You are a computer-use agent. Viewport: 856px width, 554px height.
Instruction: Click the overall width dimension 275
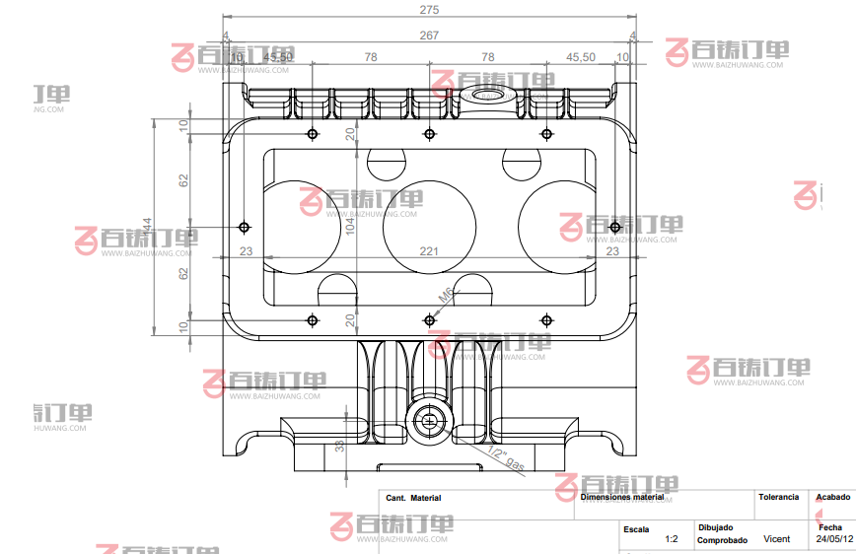click(x=428, y=10)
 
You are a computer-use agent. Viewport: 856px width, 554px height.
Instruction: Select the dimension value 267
click(x=428, y=35)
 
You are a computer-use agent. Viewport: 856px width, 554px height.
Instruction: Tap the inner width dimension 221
click(x=428, y=252)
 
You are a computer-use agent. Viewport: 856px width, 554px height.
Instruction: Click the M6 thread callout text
click(x=446, y=295)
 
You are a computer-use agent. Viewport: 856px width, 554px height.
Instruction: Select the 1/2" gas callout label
click(x=505, y=458)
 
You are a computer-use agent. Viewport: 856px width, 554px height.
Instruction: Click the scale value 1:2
click(x=672, y=539)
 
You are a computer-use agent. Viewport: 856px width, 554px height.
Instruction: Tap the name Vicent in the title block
click(x=777, y=539)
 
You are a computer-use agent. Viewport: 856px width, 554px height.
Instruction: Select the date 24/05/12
click(x=834, y=539)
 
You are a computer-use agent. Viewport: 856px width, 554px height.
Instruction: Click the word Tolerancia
click(x=778, y=497)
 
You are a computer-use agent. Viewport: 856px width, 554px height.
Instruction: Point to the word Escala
click(x=636, y=528)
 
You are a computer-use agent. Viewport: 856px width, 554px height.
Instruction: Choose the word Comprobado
click(x=721, y=540)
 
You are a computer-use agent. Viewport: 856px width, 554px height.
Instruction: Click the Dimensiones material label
click(x=622, y=498)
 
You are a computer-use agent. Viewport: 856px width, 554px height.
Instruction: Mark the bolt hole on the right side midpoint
click(x=614, y=228)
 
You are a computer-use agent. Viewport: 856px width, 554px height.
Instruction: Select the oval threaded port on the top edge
click(x=486, y=96)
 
